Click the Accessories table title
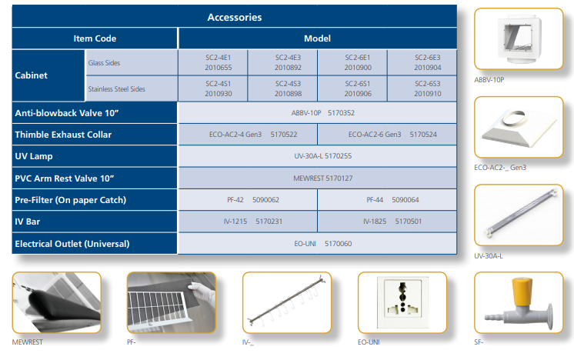(235, 17)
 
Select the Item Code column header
(95, 38)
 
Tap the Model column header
(317, 38)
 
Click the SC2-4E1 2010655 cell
(212, 62)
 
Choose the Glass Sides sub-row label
(104, 62)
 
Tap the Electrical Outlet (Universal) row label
(72, 244)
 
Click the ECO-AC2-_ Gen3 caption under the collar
(500, 167)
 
